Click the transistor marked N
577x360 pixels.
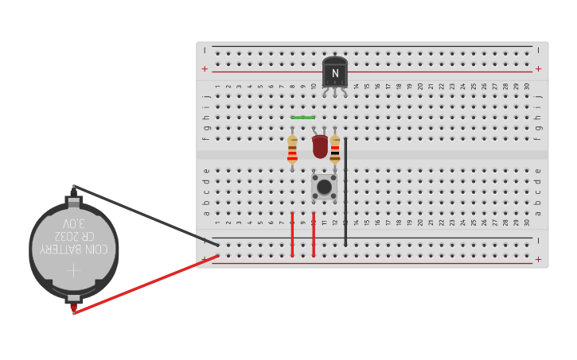(335, 73)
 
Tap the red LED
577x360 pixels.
(320, 146)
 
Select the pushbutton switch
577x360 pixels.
(324, 187)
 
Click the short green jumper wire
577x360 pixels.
(303, 118)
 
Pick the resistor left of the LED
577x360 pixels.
(293, 149)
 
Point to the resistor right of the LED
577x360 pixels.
(335, 149)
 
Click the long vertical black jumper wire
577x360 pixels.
(345, 191)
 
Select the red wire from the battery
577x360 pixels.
(143, 285)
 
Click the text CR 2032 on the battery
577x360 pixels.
(74, 237)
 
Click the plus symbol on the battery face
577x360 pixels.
(73, 270)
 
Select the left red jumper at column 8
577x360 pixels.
(293, 234)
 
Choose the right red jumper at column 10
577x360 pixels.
(314, 234)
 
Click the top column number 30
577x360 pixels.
(527, 87)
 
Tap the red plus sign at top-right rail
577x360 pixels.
(538, 69)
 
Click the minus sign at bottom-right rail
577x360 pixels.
(538, 240)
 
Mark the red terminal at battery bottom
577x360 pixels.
(74, 306)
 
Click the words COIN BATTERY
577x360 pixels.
(74, 250)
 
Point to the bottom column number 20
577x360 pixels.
(420, 222)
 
